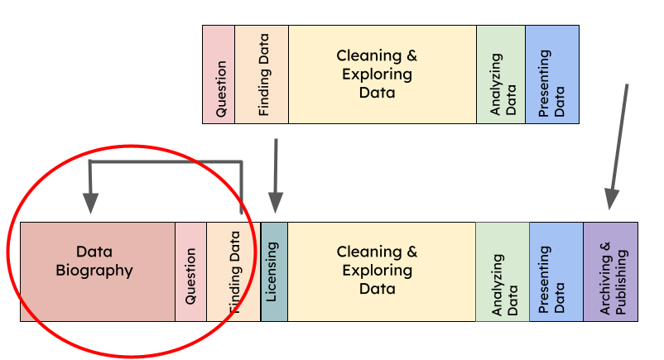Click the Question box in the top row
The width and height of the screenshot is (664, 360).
219,74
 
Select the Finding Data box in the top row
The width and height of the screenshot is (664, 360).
262,74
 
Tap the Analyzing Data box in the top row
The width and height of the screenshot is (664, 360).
501,74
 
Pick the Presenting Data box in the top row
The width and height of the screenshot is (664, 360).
552,74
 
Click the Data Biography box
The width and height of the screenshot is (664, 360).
98,271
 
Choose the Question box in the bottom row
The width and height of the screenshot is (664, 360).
190,271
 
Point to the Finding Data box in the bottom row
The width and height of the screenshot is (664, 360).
233,271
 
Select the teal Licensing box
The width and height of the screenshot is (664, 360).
274,271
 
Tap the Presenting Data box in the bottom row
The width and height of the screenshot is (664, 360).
556,271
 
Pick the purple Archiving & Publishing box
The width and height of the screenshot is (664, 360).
611,271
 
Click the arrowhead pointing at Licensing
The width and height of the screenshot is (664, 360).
276,204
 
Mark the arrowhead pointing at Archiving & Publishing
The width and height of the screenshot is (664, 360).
612,199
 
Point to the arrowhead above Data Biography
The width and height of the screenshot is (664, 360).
90,204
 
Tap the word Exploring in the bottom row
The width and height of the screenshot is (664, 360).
377,270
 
